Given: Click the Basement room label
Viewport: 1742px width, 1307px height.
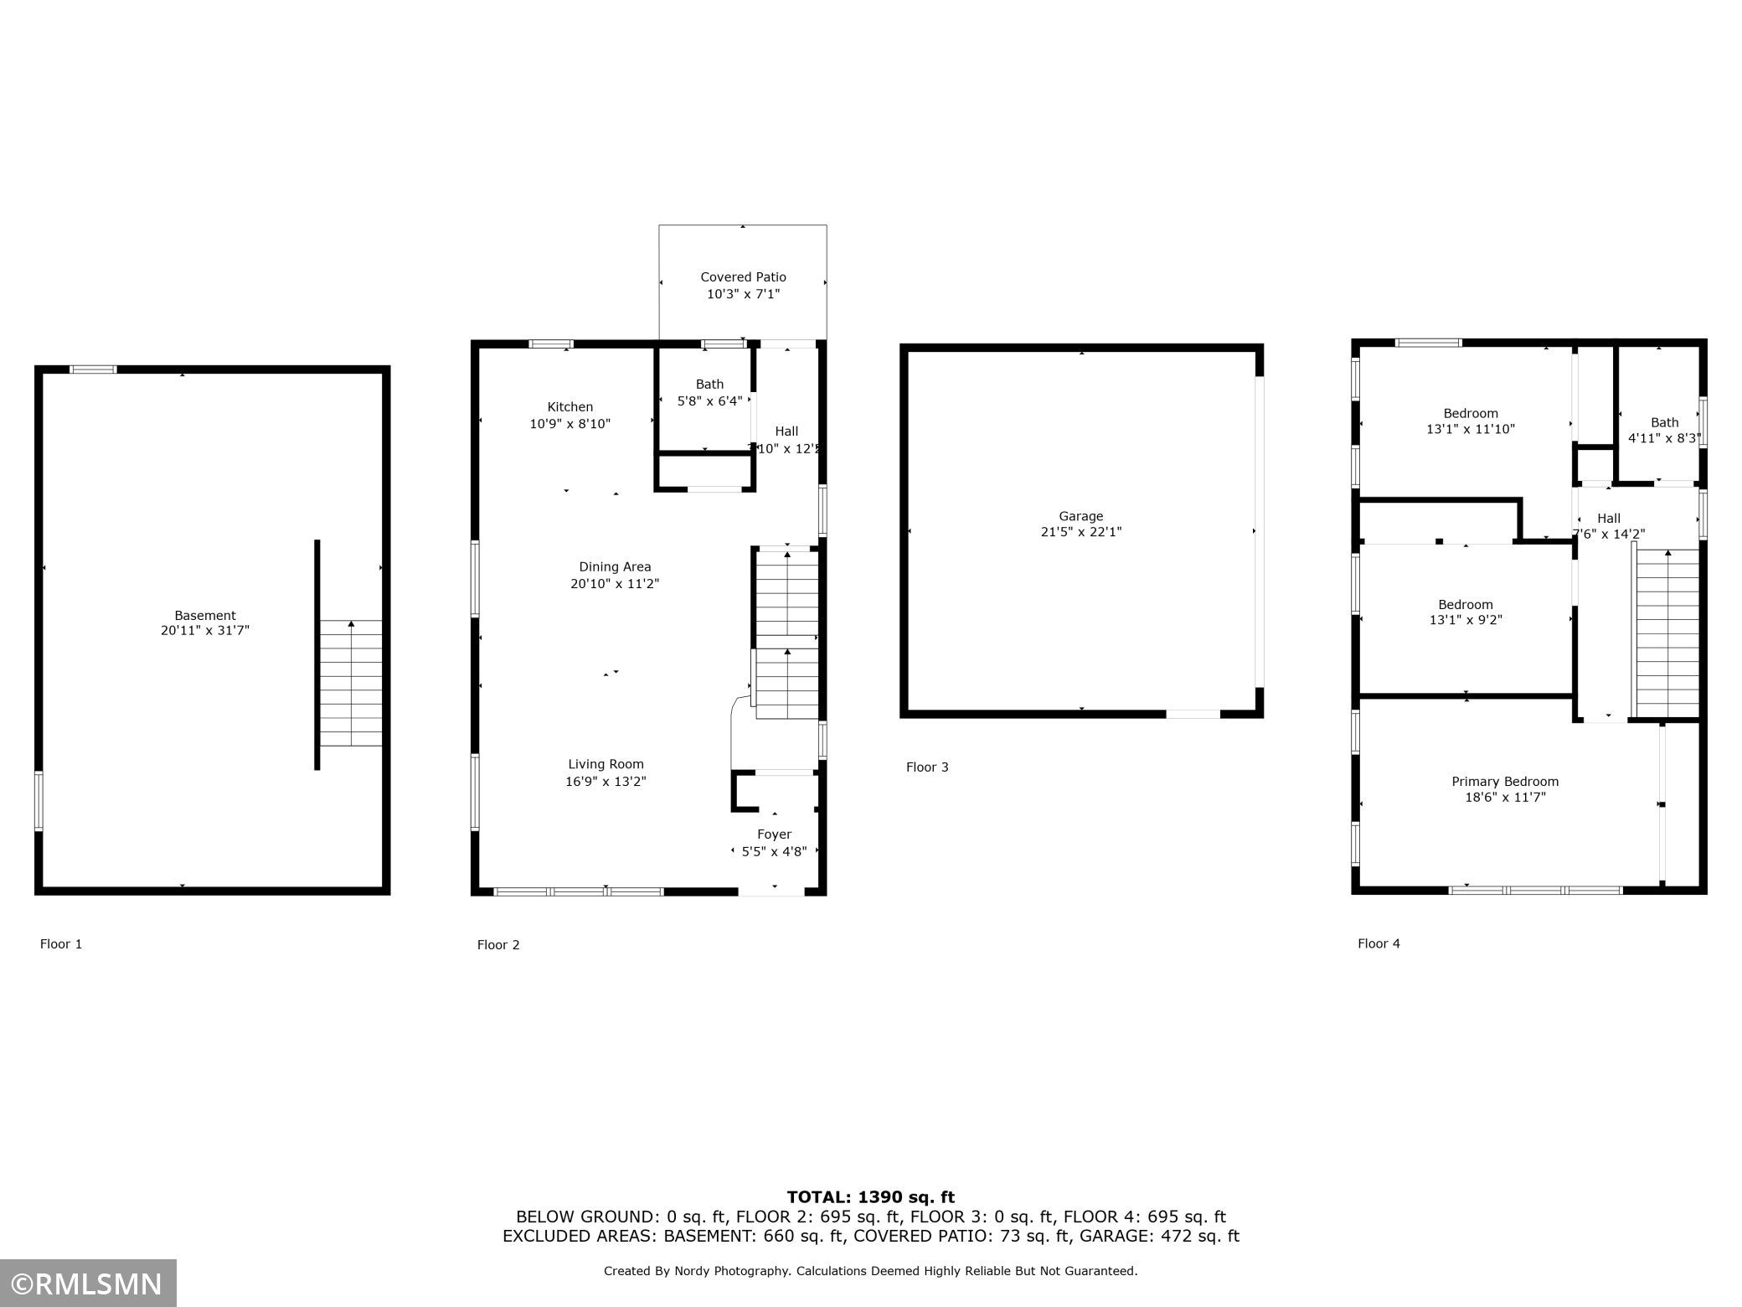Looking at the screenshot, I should tap(205, 615).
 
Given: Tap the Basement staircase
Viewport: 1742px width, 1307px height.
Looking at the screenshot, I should tap(351, 683).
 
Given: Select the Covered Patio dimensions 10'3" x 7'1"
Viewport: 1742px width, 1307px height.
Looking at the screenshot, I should tap(743, 294).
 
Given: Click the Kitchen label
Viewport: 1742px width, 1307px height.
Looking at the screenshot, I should tap(570, 407).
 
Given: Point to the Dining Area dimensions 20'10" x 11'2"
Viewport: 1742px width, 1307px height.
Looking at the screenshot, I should tap(615, 584).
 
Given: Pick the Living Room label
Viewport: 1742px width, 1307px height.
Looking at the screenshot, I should tap(606, 764).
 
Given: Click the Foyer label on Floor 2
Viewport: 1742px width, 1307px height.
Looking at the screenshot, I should tap(774, 834).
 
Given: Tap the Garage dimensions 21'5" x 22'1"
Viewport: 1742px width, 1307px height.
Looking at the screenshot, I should tap(1080, 532).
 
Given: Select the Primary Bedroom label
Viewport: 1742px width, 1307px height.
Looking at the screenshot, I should tap(1505, 782).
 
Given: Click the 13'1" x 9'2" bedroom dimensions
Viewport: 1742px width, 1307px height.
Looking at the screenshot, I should tap(1466, 621).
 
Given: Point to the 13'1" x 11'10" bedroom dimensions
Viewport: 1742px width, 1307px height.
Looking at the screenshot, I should tap(1471, 429).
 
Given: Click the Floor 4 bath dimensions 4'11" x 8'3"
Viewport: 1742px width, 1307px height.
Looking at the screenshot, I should tap(1663, 438).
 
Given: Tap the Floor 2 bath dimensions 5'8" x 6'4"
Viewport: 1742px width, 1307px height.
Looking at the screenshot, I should tap(709, 401).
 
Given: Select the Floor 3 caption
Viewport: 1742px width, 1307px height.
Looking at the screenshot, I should tap(927, 767).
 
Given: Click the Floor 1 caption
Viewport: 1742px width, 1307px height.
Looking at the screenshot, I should tap(61, 944).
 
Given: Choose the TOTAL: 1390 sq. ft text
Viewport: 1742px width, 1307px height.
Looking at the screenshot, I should tap(870, 1197).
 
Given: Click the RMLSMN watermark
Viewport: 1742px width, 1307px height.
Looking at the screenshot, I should tap(88, 1284).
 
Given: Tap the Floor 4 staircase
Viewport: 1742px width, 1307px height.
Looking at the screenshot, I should tap(1667, 633).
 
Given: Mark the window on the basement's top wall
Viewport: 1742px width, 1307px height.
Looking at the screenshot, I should tap(93, 369).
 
